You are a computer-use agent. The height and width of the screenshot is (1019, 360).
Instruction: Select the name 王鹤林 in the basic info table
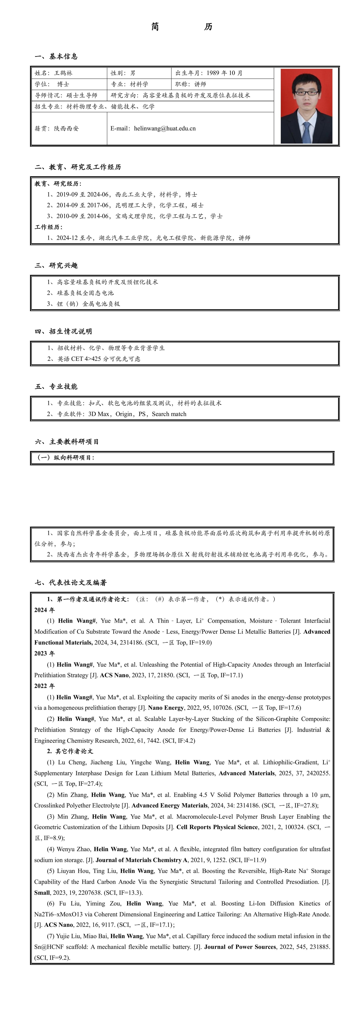63,73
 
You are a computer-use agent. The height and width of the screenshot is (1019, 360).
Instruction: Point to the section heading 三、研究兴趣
56,265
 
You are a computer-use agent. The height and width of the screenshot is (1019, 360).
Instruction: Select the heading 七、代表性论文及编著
71,583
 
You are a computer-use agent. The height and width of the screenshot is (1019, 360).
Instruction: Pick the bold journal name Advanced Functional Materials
63,642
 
